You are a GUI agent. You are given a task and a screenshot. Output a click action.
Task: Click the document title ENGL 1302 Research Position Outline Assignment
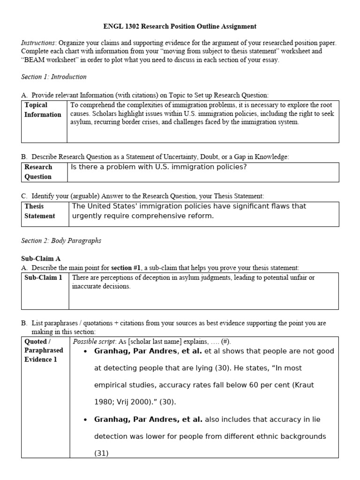tap(180, 27)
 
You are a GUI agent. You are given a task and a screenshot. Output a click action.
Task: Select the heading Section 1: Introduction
tap(53, 76)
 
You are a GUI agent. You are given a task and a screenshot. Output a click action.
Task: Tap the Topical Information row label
tap(43, 110)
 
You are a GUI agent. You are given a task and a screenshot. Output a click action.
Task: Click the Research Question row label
tap(38, 172)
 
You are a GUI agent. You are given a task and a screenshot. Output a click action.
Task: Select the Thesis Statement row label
tap(40, 211)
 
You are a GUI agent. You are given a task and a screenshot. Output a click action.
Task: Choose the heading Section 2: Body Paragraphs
tap(61, 240)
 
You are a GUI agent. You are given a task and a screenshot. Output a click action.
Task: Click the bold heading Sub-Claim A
tap(41, 258)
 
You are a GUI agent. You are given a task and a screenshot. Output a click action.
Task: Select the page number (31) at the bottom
tap(101, 453)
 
